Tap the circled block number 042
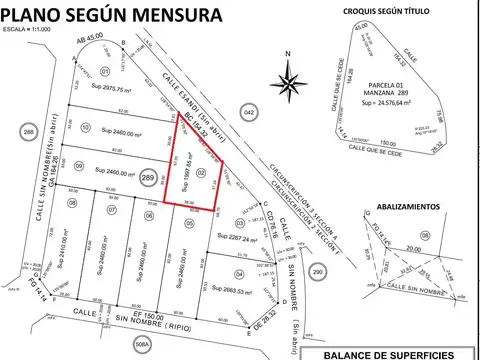249,113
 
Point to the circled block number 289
148,177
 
